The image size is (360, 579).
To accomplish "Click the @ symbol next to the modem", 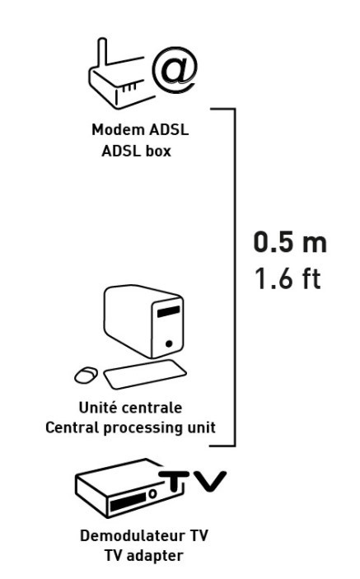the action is tap(174, 70).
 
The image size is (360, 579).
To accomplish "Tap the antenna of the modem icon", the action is tap(102, 54).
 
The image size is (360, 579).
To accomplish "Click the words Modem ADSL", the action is tap(140, 130).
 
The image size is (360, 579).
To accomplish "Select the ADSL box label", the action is tap(136, 151).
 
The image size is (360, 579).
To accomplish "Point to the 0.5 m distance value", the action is tap(290, 242).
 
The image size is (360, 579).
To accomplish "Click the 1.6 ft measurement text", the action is tap(288, 278).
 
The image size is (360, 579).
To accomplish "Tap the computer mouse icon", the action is tap(86, 375).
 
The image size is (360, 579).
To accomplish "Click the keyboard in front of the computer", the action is tap(145, 374).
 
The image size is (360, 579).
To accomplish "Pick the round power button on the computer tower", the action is tap(169, 343).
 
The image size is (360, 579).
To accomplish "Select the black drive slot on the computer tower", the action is tap(168, 311).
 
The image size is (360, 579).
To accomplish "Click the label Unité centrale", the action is tap(130, 408).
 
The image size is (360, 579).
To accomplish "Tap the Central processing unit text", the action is tap(130, 427).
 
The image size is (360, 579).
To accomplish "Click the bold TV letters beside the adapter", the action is tap(193, 481).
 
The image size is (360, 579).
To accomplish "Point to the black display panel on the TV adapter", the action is tap(128, 502).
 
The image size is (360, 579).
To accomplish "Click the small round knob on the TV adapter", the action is tap(153, 493).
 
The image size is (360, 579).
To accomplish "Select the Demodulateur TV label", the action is tap(144, 535).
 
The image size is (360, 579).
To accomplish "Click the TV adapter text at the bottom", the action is tap(143, 555).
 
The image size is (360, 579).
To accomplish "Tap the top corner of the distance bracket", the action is tap(234, 110).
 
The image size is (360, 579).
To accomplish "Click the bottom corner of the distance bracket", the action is tap(234, 445).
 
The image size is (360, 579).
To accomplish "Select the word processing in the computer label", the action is tap(143, 428).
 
